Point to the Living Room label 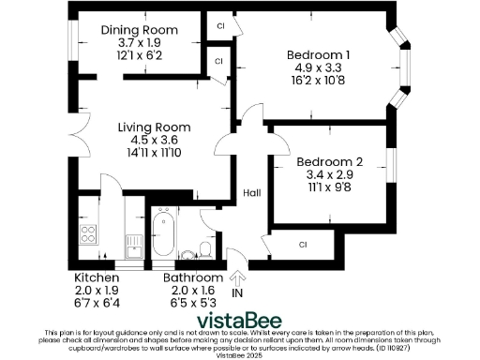tap(155, 127)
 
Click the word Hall tap(252, 193)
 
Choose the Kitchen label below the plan tap(97, 278)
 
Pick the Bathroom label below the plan tap(193, 278)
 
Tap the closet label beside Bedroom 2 tap(303, 245)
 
